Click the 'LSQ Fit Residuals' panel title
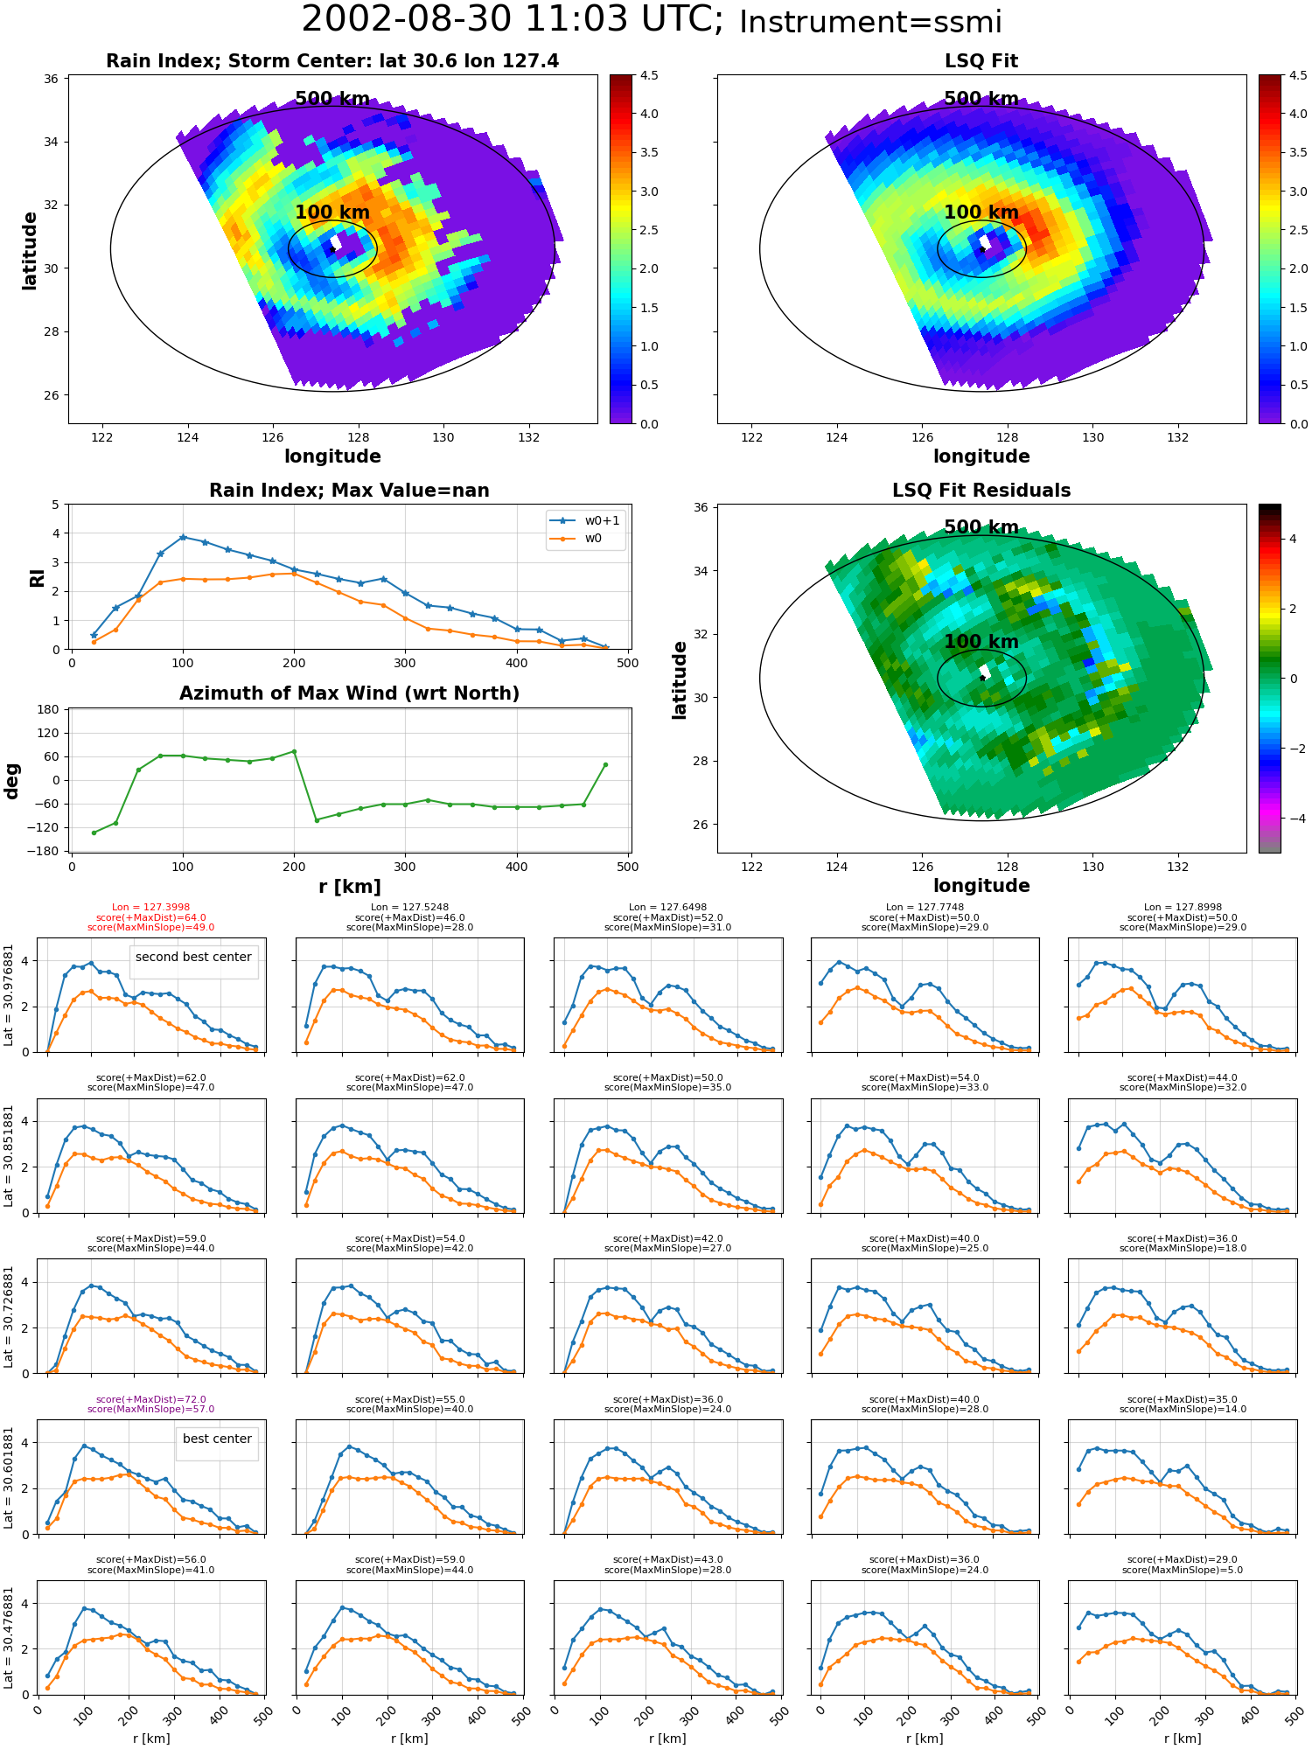point(981,491)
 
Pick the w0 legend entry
point(576,539)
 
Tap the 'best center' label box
point(217,1439)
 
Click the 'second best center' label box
point(193,957)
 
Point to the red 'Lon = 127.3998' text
point(150,908)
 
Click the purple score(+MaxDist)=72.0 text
point(150,1400)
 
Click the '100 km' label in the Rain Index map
point(332,213)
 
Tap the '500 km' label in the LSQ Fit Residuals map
point(981,527)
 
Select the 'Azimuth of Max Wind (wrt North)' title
point(349,693)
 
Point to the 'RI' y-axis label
point(37,578)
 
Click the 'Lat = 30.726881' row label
point(9,1317)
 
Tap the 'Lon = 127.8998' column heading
point(1183,908)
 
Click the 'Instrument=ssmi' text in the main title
point(870,23)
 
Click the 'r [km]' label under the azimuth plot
point(349,887)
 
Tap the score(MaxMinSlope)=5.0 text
point(1183,1570)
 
